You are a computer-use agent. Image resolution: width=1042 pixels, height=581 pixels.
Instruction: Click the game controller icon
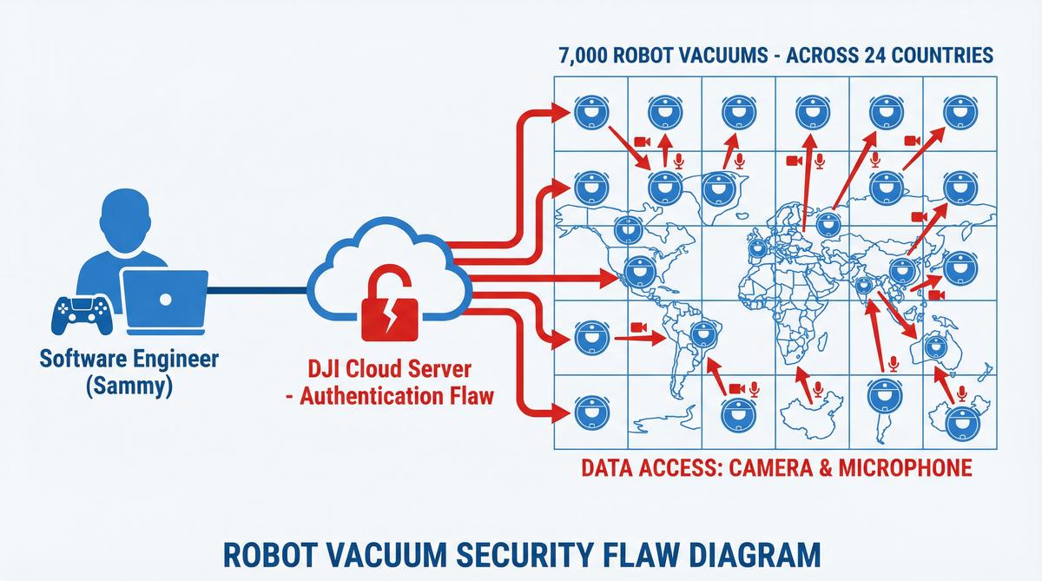(83, 314)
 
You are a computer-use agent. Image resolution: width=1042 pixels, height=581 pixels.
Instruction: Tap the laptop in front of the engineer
(164, 300)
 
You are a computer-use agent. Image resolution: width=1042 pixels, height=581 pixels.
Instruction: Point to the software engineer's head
(129, 218)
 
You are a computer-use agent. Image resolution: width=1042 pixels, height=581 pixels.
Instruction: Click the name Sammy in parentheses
(129, 386)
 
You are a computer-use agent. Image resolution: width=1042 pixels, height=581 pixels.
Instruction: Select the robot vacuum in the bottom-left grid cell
(589, 413)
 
